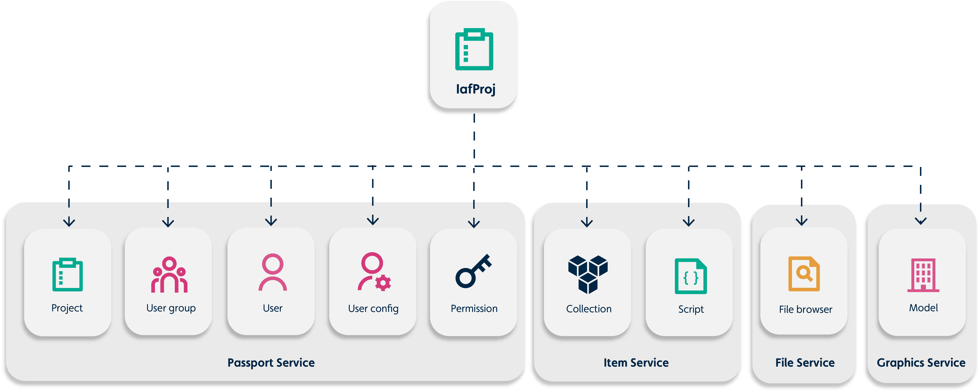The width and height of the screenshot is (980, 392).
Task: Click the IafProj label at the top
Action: tap(476, 89)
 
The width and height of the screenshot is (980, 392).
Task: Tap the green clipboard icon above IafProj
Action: tap(474, 50)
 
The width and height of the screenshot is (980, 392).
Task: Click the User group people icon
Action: tap(169, 275)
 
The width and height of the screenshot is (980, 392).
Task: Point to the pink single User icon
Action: tap(272, 272)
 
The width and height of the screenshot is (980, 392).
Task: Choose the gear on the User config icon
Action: tap(383, 283)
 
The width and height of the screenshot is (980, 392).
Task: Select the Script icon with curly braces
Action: tap(691, 276)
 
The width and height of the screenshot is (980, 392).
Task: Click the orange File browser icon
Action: tap(804, 274)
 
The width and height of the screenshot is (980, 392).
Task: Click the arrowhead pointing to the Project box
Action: tap(69, 222)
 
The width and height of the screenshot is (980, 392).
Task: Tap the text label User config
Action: tap(373, 309)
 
